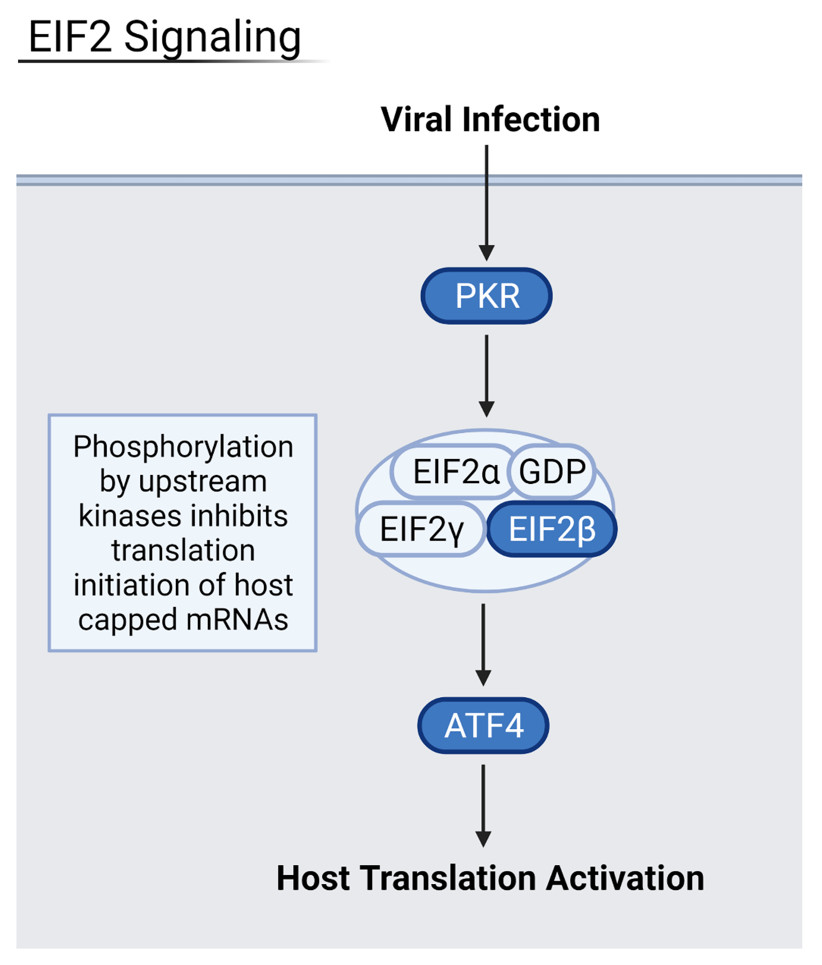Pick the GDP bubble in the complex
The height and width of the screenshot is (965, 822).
pyautogui.click(x=552, y=471)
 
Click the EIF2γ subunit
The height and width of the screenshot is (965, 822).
pyautogui.click(x=421, y=529)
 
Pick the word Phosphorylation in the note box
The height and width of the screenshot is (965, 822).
pyautogui.click(x=183, y=447)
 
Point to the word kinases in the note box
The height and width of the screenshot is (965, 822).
pyautogui.click(x=129, y=516)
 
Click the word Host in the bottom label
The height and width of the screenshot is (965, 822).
pyautogui.click(x=313, y=878)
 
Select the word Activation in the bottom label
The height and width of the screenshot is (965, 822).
pyautogui.click(x=625, y=878)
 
